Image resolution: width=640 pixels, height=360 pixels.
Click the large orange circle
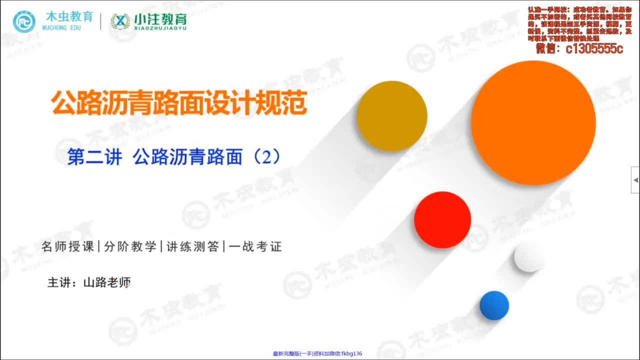pos(533,123)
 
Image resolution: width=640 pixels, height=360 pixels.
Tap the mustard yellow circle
pos(391,115)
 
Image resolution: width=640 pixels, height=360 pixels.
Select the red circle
pos(442,220)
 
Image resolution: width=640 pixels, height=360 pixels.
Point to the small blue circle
pos(494,305)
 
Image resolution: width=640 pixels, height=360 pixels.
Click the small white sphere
pos(528,257)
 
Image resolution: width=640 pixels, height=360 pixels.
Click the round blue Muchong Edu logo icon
pos(24,21)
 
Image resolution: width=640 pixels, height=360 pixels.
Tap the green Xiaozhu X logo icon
pos(120,21)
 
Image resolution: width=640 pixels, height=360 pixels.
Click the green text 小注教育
pos(160,19)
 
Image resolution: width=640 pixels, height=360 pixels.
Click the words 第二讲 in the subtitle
pos(94,158)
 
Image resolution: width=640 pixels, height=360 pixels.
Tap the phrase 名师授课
pos(68,246)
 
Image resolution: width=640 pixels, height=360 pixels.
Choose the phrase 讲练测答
pos(192,246)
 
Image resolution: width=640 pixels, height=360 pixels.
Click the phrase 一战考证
pos(255,246)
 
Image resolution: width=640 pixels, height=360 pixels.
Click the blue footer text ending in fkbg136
pos(317,354)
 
